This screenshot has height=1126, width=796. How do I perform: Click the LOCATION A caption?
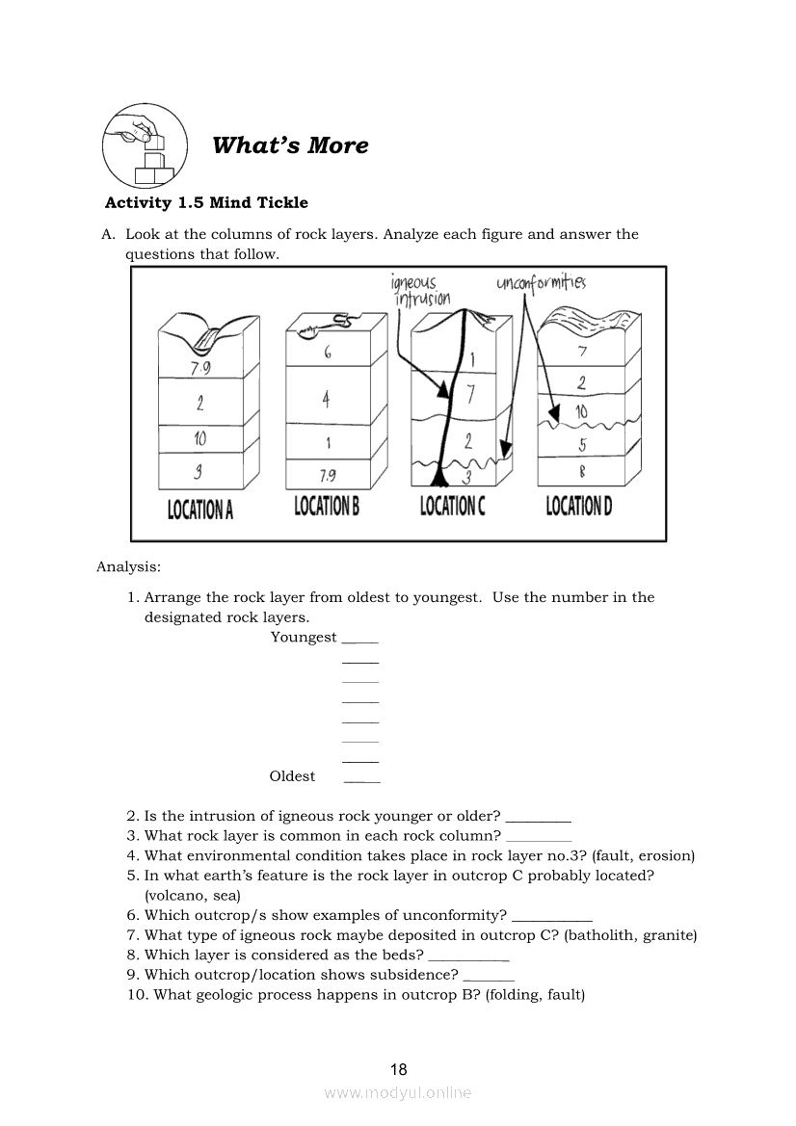[200, 509]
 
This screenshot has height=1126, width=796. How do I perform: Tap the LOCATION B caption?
[327, 505]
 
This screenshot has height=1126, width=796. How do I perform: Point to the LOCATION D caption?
[579, 505]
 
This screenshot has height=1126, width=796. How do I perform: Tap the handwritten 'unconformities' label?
[541, 282]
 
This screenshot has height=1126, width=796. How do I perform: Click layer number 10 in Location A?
[199, 438]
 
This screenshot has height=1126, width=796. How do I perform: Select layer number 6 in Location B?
[328, 354]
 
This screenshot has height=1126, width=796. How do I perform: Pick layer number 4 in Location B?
[327, 399]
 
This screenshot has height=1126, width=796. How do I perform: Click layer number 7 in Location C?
[469, 393]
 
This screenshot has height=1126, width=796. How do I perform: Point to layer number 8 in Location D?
[582, 472]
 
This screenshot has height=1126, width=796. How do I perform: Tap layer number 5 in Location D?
[582, 445]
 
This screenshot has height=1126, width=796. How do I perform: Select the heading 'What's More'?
[290, 145]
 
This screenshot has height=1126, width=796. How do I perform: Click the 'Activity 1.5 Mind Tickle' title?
[206, 202]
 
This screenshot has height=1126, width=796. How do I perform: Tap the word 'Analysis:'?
[128, 566]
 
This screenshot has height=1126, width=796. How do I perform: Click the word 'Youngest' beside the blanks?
[304, 637]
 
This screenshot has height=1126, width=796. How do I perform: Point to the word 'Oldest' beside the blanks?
[292, 776]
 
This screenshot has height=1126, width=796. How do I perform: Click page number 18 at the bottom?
[398, 1069]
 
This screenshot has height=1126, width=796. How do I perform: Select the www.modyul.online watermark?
[398, 1092]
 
